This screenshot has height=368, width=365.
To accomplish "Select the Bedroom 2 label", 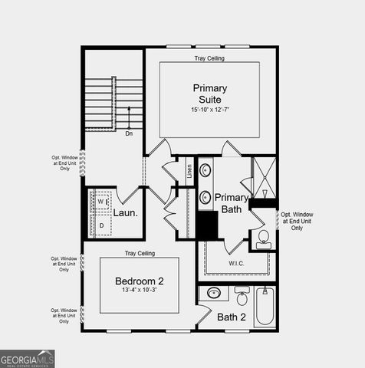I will coord(139,281).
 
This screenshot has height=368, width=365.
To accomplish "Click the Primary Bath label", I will coord(231,203).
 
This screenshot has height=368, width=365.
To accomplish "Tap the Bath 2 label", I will coord(231,317).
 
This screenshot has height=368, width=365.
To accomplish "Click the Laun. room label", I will coord(126,213).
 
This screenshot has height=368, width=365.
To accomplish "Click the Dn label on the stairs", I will coord(130,133).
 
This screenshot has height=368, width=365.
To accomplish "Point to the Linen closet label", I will coord(190,170).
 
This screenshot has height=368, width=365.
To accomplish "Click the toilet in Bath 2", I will coord(242,296).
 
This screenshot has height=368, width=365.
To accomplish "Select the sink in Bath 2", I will coord(214,292).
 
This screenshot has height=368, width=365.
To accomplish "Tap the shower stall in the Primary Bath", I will coord(264,178).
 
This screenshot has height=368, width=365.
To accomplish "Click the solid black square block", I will coord(208,225).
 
